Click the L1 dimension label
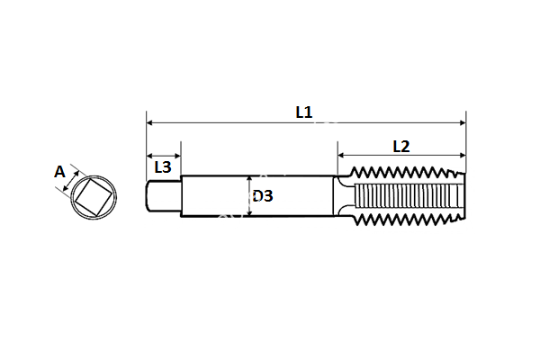[303, 112]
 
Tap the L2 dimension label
[401, 146]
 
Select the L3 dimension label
[163, 166]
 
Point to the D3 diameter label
[263, 195]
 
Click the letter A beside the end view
[60, 171]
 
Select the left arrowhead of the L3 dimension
[149, 155]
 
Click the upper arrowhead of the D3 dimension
[249, 178]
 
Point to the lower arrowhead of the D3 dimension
[249, 213]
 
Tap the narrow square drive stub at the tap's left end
[163, 196]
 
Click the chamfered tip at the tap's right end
[461, 196]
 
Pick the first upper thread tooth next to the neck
[355, 172]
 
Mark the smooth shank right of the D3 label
[301, 196]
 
